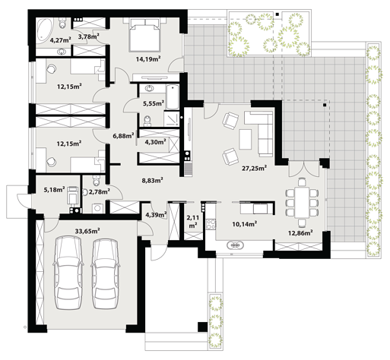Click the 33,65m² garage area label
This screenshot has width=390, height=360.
click(x=87, y=231)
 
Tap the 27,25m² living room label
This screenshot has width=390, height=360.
click(x=254, y=168)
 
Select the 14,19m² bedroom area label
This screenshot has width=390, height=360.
click(x=148, y=59)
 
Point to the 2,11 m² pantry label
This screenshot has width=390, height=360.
click(x=193, y=221)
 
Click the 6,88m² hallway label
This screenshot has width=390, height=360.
click(x=123, y=136)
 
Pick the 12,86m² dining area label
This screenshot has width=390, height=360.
click(x=300, y=233)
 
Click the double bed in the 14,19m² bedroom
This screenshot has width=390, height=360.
click(x=145, y=35)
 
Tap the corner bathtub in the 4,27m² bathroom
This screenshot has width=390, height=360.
click(x=45, y=29)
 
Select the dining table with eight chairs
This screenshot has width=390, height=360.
click(x=302, y=202)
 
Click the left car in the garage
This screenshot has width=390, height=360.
click(x=68, y=273)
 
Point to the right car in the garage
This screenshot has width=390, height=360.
click(x=106, y=273)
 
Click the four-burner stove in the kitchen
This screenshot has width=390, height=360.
click(x=211, y=224)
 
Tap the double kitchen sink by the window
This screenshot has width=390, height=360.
click(x=236, y=245)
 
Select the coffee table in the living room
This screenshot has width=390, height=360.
click(x=246, y=139)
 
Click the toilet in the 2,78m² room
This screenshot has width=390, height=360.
click(x=96, y=180)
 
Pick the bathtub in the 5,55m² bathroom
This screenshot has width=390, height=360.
click(x=173, y=97)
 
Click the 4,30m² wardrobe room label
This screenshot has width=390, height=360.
click(x=155, y=142)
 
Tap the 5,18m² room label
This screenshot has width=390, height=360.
click(x=55, y=189)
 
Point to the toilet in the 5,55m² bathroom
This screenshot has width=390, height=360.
click(x=147, y=121)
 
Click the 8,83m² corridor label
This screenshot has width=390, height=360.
click(x=152, y=180)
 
